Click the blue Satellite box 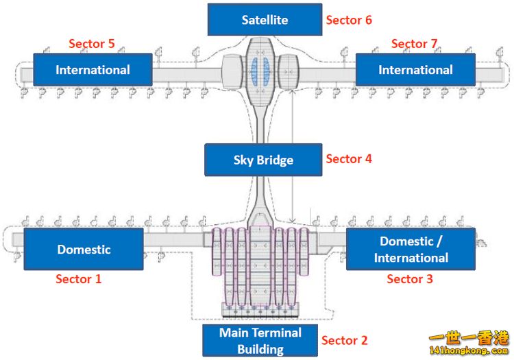(x=265, y=19)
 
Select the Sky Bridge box (x=263, y=160)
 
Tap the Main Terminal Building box (x=260, y=340)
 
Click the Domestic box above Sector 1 (x=84, y=249)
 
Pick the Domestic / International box (x=411, y=249)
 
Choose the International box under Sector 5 (x=93, y=69)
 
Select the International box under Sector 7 (x=415, y=69)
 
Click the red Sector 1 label (x=78, y=279)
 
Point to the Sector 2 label (x=345, y=340)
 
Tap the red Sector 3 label (x=410, y=279)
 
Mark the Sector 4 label (x=349, y=159)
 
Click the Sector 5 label (x=92, y=44)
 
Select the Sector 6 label (x=349, y=20)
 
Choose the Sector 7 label (x=414, y=44)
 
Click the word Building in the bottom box (x=260, y=349)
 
